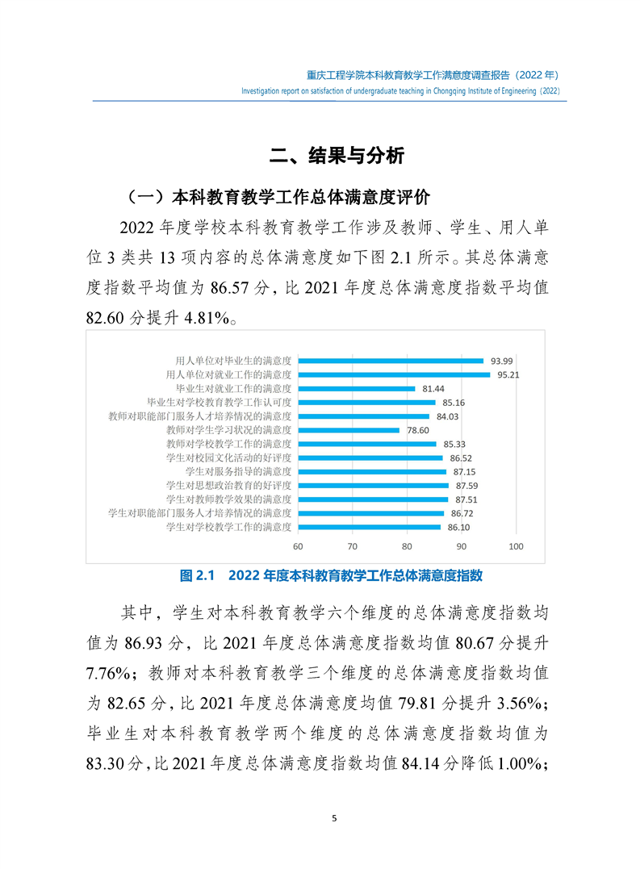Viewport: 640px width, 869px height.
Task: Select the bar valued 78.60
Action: [349, 430]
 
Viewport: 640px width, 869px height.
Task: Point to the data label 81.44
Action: [433, 388]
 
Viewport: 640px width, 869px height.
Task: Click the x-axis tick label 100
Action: [517, 546]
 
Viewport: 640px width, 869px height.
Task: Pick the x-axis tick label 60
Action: [298, 546]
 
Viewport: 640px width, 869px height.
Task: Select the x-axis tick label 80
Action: [407, 546]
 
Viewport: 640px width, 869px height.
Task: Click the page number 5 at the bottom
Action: [334, 818]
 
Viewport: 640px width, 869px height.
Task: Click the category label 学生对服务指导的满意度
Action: [238, 471]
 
